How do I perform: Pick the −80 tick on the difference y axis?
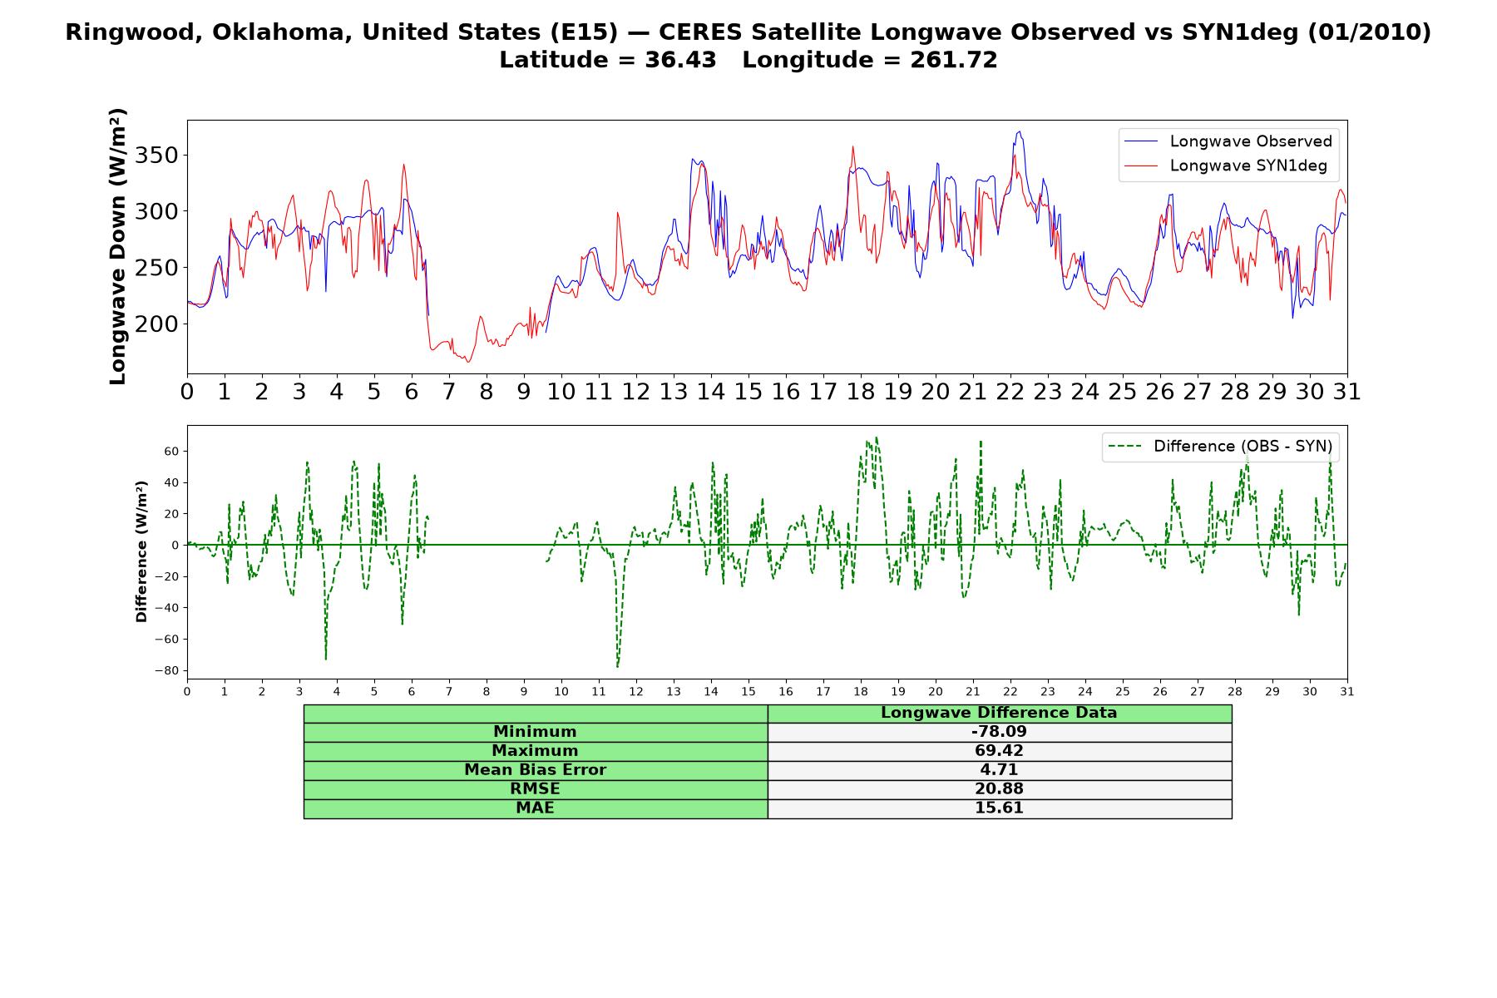(168, 671)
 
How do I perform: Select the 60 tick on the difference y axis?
(173, 452)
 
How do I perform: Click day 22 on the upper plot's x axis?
(1010, 392)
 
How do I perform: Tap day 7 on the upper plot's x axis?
(449, 392)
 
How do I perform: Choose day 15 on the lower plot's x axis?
(748, 691)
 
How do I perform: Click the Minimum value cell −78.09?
(999, 732)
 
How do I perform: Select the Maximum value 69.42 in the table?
(999, 751)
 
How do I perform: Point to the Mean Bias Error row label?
(535, 770)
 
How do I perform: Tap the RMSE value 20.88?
(999, 789)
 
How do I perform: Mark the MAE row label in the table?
(535, 808)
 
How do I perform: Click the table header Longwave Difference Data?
(999, 713)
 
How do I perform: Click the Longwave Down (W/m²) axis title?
(118, 246)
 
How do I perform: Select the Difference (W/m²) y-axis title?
(141, 551)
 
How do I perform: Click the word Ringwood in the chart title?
(117, 33)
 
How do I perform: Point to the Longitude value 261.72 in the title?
(953, 60)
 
